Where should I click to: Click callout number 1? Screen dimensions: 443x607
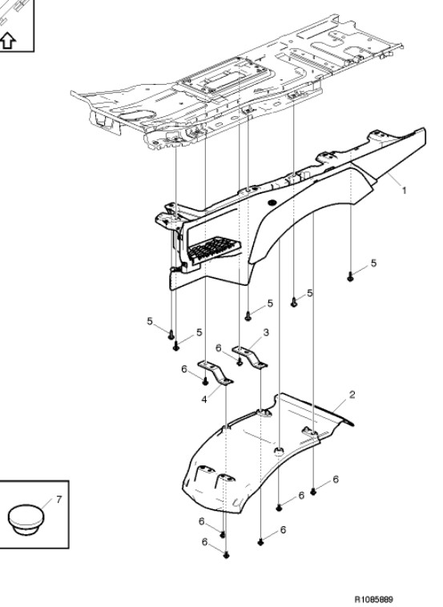404,191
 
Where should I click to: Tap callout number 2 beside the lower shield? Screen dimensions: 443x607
352,395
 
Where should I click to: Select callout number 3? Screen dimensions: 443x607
266,332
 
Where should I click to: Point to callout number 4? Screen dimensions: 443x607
204,399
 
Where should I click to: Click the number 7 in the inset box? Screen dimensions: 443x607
58,500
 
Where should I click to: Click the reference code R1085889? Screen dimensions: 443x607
374,599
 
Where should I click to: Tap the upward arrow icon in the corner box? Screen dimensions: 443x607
8,40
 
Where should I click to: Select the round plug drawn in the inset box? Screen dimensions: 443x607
26,519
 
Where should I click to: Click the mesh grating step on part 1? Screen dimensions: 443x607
214,247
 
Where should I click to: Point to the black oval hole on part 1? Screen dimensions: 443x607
272,202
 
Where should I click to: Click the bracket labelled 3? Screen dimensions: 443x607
250,356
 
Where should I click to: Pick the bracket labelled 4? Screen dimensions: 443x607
215,372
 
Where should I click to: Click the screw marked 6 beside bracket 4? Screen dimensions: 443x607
206,382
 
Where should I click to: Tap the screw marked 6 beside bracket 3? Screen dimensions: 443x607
240,362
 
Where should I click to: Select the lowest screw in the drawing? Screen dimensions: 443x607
227,555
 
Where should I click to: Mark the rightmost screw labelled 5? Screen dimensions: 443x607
350,277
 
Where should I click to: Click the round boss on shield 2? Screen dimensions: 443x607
279,450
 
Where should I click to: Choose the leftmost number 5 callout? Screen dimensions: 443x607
150,321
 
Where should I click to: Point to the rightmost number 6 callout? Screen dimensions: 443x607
336,479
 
